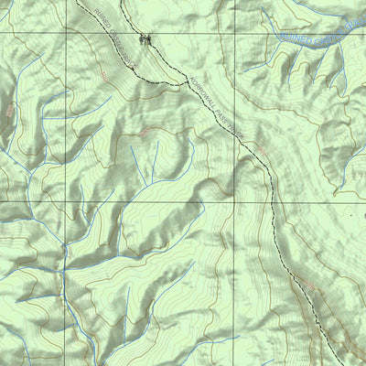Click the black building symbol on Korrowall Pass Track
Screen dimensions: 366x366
coord(143,38)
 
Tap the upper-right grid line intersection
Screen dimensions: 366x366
coord(231,33)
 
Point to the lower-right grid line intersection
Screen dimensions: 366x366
coord(231,201)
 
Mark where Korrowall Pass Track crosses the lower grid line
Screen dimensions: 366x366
coord(272,201)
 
